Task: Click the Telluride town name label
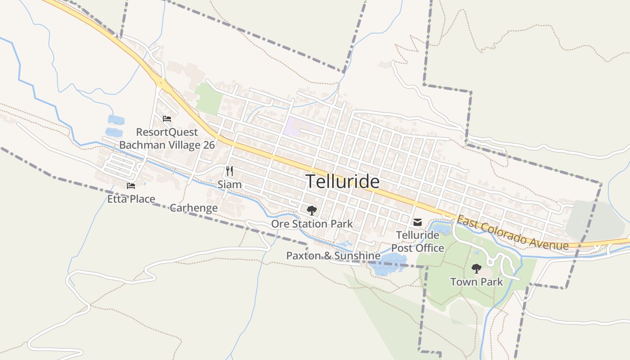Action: (342, 181)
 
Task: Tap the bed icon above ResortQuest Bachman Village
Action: (167, 119)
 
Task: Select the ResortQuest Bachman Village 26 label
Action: (167, 139)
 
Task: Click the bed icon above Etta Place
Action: (131, 185)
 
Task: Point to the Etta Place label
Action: (131, 199)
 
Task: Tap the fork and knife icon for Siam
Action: (229, 171)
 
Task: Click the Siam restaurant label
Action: (229, 184)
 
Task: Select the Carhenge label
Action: (193, 208)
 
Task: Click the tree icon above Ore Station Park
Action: (311, 210)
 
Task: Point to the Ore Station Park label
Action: (312, 224)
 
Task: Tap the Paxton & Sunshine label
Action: (333, 256)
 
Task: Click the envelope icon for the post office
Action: (418, 222)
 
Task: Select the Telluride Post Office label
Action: (418, 242)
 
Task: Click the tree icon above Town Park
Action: (476, 269)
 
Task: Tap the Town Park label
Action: (477, 282)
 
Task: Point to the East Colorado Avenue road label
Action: (513, 233)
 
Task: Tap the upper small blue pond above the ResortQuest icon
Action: (116, 120)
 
